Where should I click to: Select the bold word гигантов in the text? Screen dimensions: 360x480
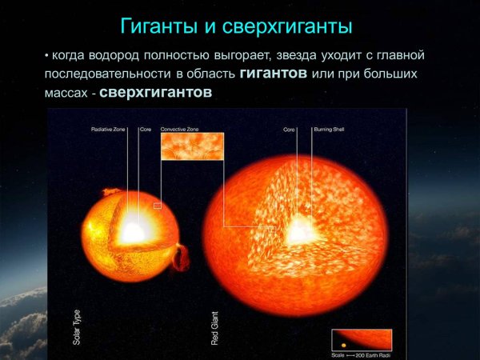[x=273, y=74]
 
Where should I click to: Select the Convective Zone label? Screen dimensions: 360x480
[x=179, y=128]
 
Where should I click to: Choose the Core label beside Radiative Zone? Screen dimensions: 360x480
[x=145, y=128]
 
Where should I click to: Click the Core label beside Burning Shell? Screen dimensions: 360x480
[x=290, y=128]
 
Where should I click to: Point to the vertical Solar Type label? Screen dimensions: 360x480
[x=77, y=328]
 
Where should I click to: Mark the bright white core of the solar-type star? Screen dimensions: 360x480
[x=130, y=232]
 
